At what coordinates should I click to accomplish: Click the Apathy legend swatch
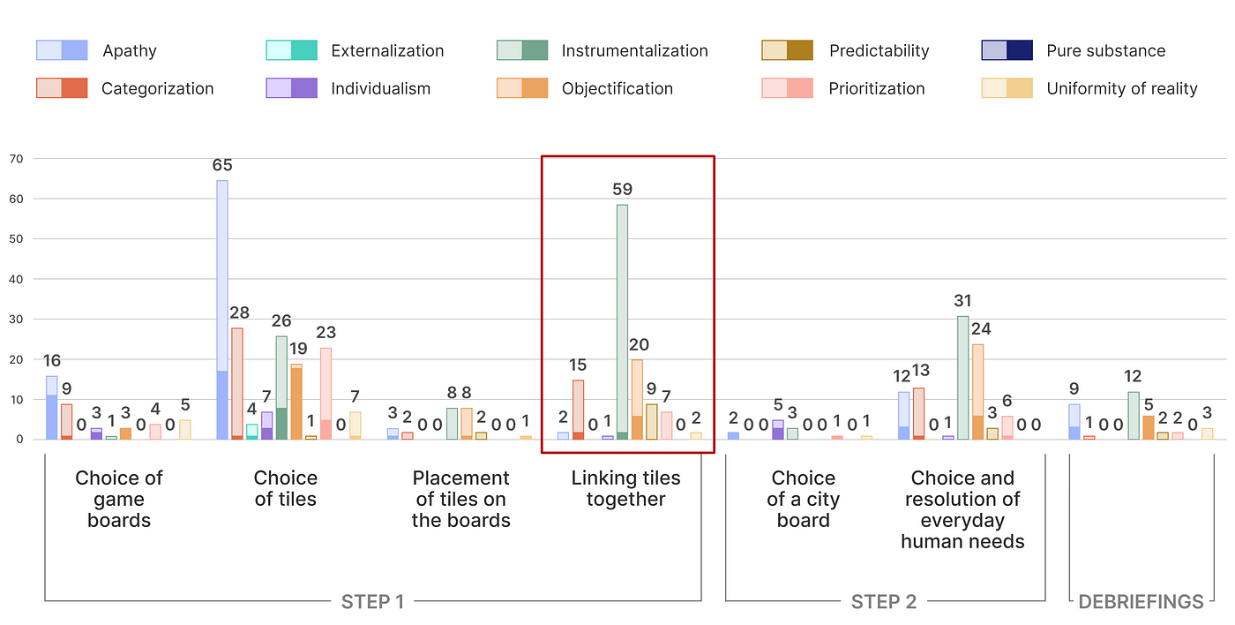[x=62, y=50]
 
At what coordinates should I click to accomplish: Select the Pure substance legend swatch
[x=1007, y=50]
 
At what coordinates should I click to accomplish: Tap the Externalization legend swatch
[x=292, y=50]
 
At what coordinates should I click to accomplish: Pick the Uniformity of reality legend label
[x=1122, y=88]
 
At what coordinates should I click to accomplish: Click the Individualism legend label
[x=380, y=88]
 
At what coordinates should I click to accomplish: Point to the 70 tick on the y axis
[x=16, y=159]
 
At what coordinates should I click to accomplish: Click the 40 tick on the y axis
[x=16, y=279]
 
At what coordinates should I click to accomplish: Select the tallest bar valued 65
[x=222, y=310]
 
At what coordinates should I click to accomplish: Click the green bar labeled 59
[x=622, y=322]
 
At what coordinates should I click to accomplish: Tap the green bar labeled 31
[x=962, y=378]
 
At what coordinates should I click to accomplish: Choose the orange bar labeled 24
[x=977, y=392]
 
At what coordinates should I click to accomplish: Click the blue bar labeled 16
[x=52, y=408]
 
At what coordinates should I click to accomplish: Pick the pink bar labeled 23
[x=326, y=394]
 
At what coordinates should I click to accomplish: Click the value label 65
[x=222, y=165]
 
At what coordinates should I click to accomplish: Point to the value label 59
[x=623, y=189]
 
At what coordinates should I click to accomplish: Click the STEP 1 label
[x=372, y=602]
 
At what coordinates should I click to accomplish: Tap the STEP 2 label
[x=884, y=602]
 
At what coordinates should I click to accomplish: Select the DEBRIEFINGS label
[x=1141, y=602]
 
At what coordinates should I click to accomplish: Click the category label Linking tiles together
[x=625, y=488]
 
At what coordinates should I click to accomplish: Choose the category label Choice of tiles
[x=285, y=488]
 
